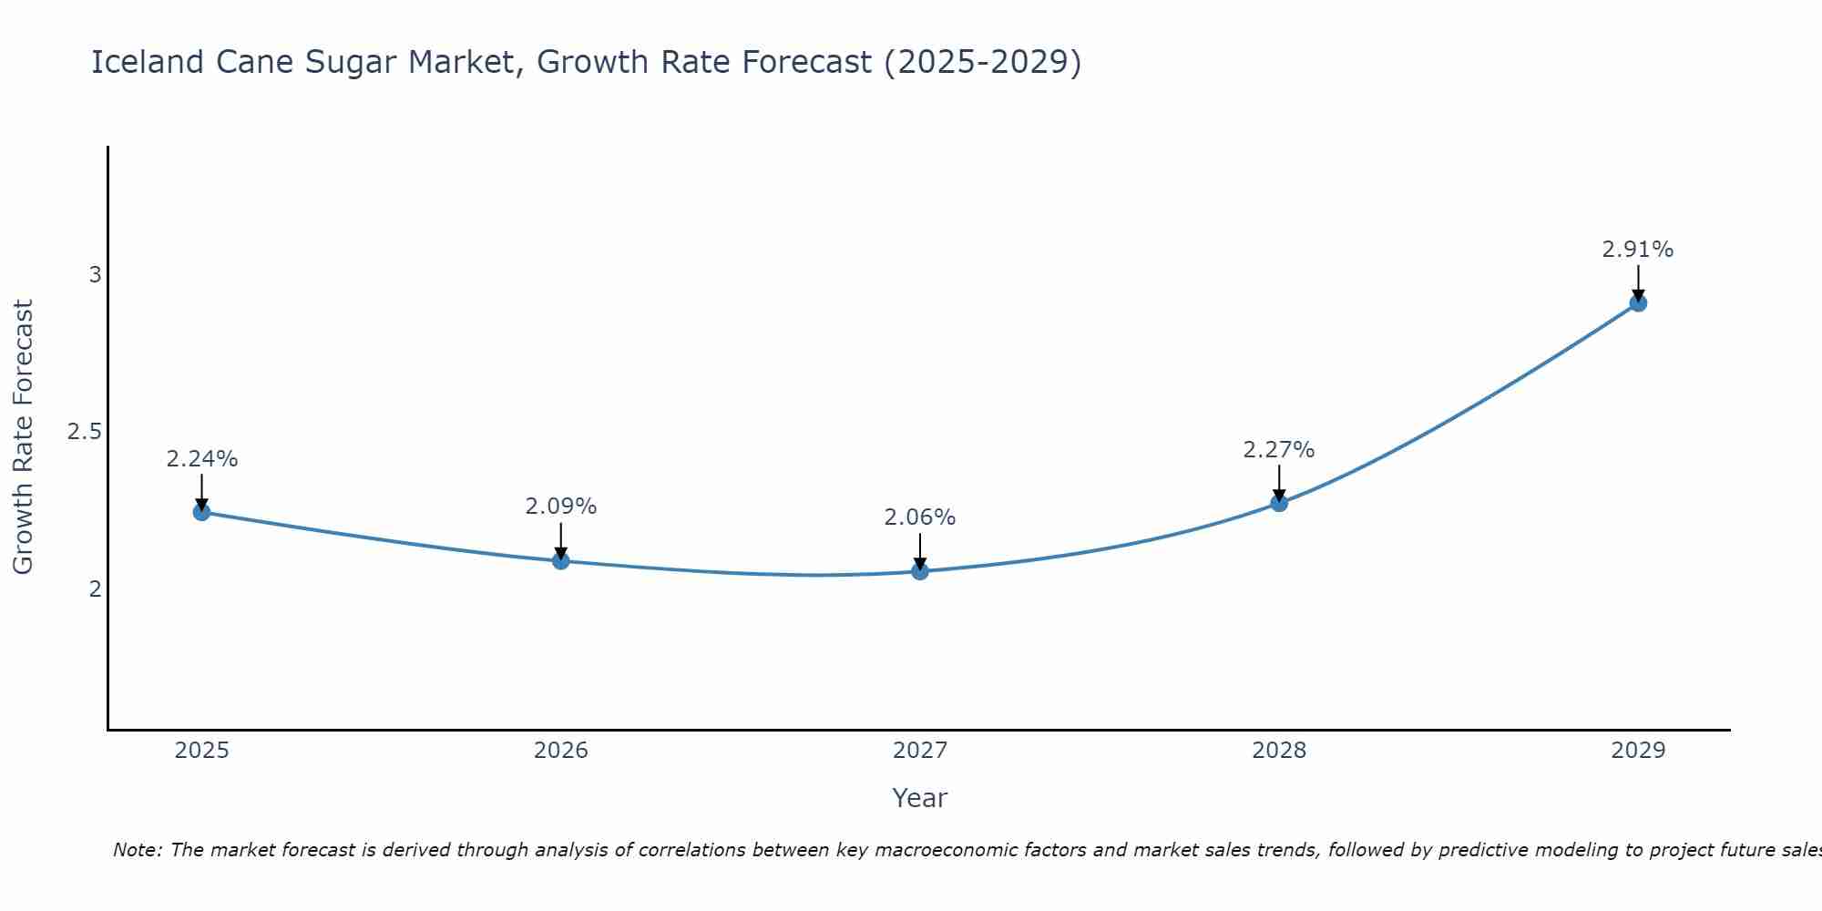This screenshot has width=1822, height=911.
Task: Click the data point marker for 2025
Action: pyautogui.click(x=201, y=512)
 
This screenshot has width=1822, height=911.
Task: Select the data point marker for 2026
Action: pyautogui.click(x=561, y=560)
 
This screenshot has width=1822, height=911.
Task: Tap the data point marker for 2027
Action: pyautogui.click(x=920, y=571)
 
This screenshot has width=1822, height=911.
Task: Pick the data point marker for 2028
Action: pyautogui.click(x=1279, y=503)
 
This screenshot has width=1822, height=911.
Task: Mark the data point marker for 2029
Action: pyautogui.click(x=1638, y=302)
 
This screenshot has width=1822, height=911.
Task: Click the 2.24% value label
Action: pyautogui.click(x=201, y=459)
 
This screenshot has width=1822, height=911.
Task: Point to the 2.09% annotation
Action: pyautogui.click(x=561, y=507)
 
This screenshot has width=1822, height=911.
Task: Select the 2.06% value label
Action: pyautogui.click(x=920, y=517)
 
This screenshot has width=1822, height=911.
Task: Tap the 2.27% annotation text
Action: pyautogui.click(x=1279, y=450)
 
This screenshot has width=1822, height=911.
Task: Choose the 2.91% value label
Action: pyautogui.click(x=1638, y=250)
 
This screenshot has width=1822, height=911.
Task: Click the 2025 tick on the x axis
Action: pyautogui.click(x=201, y=751)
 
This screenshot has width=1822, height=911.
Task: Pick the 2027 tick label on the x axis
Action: pyautogui.click(x=920, y=751)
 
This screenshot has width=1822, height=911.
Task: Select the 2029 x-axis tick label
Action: pyautogui.click(x=1638, y=751)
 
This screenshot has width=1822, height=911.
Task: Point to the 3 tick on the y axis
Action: pyautogui.click(x=95, y=274)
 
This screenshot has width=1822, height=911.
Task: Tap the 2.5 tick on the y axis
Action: pyautogui.click(x=84, y=432)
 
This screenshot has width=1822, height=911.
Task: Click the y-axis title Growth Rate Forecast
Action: pyautogui.click(x=23, y=437)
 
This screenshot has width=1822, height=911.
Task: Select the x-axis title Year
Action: pyautogui.click(x=920, y=798)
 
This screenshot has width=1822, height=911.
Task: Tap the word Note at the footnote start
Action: pyautogui.click(x=137, y=850)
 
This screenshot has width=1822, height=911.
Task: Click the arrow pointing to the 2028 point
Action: pyautogui.click(x=1279, y=483)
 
